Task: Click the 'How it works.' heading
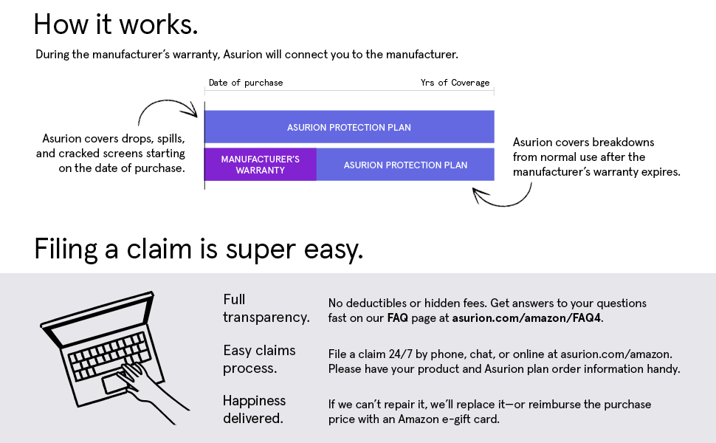pyautogui.click(x=116, y=24)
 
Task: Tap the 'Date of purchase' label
pyautogui.click(x=245, y=83)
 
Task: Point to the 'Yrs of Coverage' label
pyautogui.click(x=455, y=83)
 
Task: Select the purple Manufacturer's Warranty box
pyautogui.click(x=260, y=165)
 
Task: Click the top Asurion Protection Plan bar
pyautogui.click(x=348, y=127)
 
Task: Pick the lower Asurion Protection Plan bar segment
pyautogui.click(x=405, y=165)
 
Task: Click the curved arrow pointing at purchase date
pyautogui.click(x=167, y=111)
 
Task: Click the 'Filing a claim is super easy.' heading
pyautogui.click(x=199, y=250)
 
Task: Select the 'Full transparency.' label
pyautogui.click(x=266, y=309)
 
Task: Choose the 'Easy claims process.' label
pyautogui.click(x=259, y=359)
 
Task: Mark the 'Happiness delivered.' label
pyautogui.click(x=255, y=410)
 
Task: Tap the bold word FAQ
pyautogui.click(x=396, y=318)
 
